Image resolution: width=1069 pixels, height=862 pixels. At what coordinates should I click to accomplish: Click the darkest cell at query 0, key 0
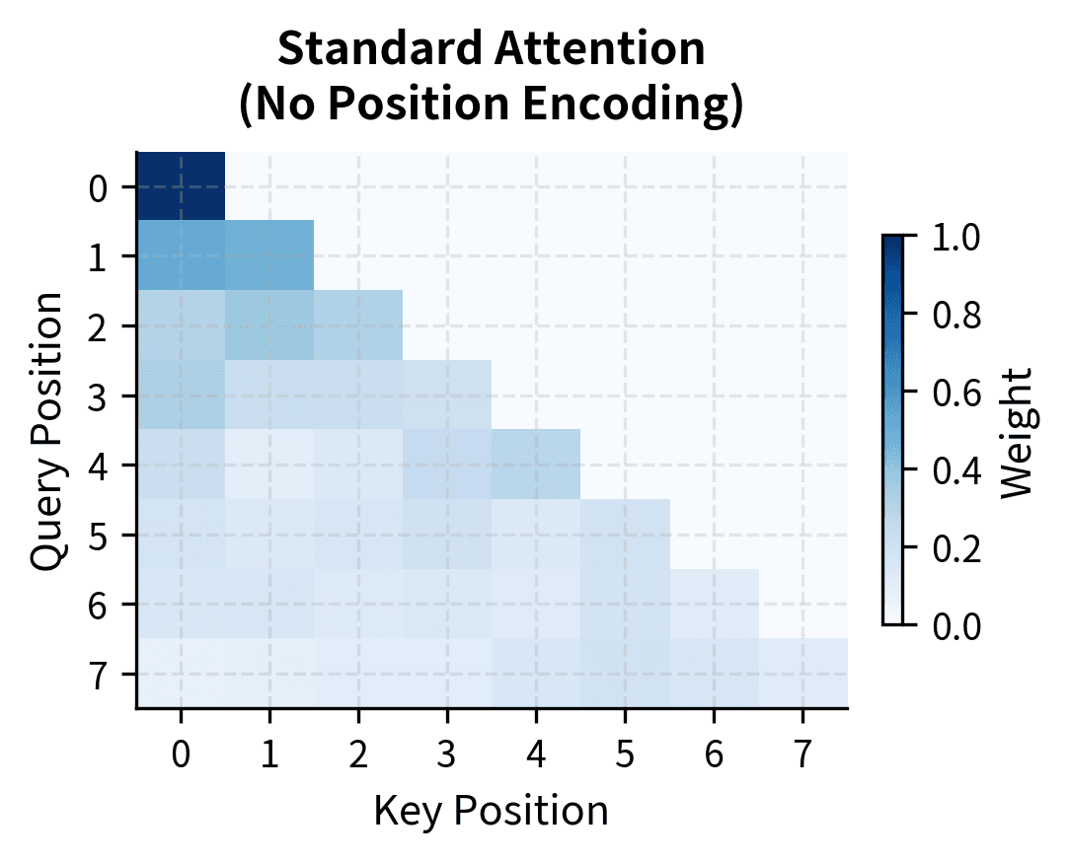[x=181, y=186]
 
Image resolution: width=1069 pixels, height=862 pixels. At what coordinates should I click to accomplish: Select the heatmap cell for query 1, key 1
[x=269, y=255]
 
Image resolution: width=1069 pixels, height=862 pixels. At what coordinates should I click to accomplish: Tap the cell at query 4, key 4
[x=536, y=465]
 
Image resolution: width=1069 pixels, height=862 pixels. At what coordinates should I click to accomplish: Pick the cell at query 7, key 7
[x=802, y=673]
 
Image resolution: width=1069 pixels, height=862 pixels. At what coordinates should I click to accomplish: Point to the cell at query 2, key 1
[x=269, y=325]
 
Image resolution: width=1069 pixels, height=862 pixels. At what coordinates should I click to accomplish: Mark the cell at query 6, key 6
[x=714, y=604]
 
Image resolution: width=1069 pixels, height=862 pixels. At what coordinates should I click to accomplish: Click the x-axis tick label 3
[x=447, y=754]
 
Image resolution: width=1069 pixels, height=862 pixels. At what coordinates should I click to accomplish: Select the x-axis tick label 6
[x=714, y=754]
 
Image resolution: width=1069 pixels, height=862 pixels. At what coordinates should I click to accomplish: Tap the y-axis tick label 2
[x=98, y=326]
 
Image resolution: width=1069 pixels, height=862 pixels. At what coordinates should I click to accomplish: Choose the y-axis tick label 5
[x=98, y=535]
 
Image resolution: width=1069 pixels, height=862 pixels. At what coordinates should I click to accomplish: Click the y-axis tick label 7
[x=98, y=674]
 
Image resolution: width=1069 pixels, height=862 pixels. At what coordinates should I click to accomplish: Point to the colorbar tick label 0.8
[x=956, y=315]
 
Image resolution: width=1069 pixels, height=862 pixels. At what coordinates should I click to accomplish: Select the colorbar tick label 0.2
[x=956, y=547]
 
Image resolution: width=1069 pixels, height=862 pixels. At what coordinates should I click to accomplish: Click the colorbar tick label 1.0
[x=956, y=238]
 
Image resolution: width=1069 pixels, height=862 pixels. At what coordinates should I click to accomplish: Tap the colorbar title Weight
[x=1016, y=431]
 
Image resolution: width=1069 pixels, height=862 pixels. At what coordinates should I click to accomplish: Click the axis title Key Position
[x=491, y=811]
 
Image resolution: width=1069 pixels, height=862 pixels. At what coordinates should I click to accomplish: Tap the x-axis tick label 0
[x=181, y=754]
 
